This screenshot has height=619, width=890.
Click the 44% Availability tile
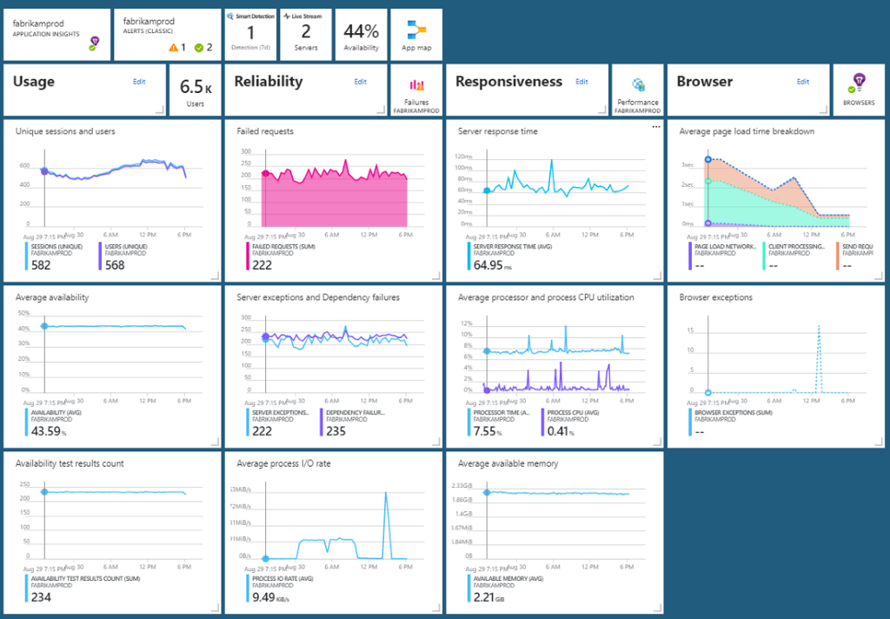361,35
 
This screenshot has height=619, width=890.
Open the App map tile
415,35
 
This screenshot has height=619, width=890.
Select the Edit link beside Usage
139,81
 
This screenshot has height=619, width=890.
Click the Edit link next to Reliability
361,81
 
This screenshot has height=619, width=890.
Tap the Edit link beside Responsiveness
582,81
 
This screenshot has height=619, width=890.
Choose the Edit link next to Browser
803,81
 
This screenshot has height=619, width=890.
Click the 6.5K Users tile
196,90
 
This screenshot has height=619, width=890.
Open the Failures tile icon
417,85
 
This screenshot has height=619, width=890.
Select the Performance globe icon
639,84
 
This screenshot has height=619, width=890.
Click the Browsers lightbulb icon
860,82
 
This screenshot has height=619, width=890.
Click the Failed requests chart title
265,131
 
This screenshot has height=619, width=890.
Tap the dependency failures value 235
334,431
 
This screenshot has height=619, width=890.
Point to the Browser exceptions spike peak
819,326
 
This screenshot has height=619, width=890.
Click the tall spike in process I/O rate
385,493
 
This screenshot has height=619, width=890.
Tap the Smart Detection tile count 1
249,30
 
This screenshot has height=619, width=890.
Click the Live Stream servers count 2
305,30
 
